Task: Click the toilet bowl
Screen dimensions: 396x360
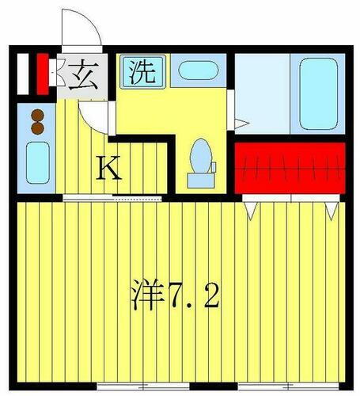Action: [201, 155]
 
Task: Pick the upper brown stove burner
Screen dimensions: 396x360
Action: [36, 112]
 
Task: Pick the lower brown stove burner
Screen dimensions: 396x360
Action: [36, 126]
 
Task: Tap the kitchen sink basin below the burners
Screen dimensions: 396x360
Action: [36, 162]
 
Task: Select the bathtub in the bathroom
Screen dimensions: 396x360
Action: [317, 93]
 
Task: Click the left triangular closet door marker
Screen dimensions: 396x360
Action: [252, 209]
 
